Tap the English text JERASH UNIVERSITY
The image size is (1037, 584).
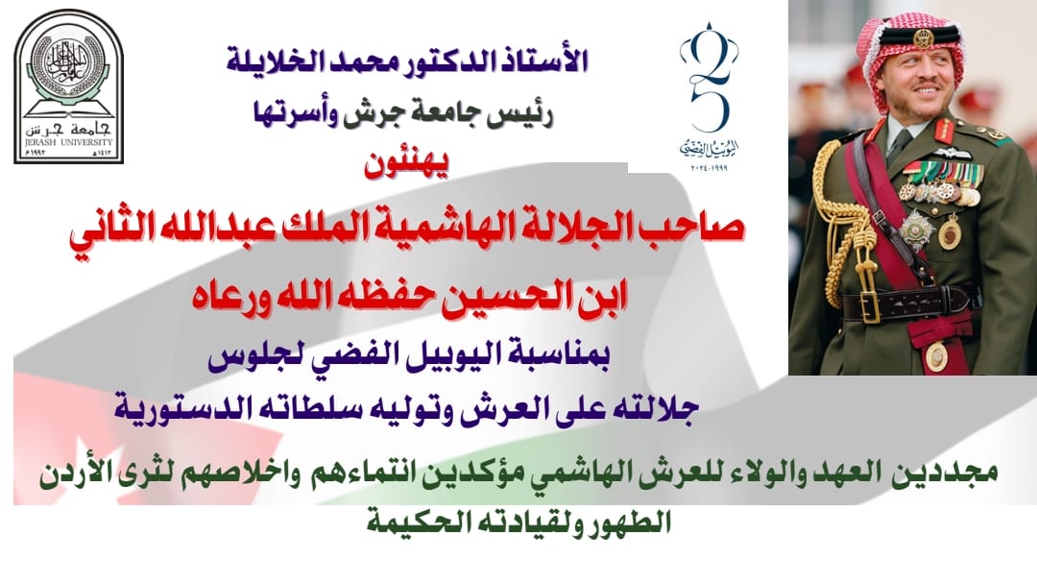tap(69, 142)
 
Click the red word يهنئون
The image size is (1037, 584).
tap(406, 164)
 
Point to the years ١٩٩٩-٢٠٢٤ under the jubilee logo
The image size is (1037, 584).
tap(709, 168)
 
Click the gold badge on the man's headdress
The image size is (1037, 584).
tap(924, 37)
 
